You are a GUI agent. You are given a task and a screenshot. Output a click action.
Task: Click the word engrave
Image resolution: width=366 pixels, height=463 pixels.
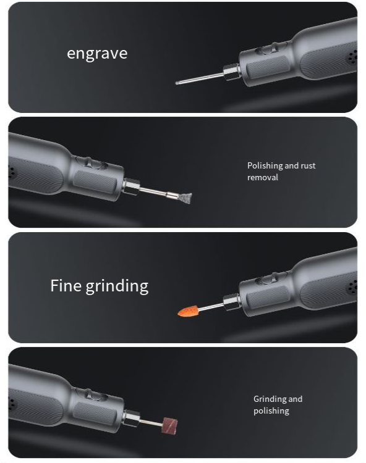point(97,54)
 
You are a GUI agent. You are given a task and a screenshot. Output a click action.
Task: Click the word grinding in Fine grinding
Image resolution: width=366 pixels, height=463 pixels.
point(117,286)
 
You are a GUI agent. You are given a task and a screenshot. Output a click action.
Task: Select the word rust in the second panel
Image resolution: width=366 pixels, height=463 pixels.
point(308,165)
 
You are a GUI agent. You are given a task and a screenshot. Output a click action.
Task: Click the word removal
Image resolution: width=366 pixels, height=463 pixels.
point(263,177)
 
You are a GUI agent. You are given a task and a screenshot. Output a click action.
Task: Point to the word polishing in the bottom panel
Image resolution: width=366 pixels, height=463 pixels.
point(271,411)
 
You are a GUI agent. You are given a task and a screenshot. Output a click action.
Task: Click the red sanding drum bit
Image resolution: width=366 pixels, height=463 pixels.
point(169,425)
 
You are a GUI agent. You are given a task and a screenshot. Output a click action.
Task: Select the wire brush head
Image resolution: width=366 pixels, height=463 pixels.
point(185,197)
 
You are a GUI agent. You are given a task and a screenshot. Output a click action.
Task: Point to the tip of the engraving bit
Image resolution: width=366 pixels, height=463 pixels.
point(176,83)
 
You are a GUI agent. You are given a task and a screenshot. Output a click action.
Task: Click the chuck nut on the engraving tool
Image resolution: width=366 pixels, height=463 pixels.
point(231,73)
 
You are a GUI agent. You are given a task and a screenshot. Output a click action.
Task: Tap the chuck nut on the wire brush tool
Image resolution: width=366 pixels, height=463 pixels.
point(131,187)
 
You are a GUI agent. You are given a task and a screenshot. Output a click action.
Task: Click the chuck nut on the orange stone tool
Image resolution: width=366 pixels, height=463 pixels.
point(231,302)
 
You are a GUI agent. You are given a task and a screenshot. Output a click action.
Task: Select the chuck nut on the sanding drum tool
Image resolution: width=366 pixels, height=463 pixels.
point(131,419)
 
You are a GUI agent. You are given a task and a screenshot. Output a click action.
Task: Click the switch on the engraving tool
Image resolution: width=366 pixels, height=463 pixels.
point(271,48)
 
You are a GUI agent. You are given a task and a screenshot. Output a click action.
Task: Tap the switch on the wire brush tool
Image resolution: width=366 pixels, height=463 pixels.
point(91,163)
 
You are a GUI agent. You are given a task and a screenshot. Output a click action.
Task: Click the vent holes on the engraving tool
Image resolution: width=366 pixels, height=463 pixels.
point(352,56)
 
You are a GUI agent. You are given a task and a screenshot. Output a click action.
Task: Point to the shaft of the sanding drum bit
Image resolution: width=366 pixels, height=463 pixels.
point(151,422)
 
